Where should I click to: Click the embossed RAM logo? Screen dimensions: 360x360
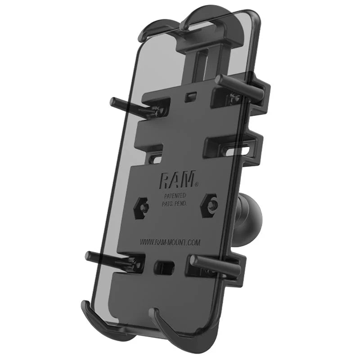point(176,180)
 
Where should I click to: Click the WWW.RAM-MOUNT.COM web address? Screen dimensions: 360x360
point(170,243)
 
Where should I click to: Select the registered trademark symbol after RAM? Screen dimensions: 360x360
point(197,184)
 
